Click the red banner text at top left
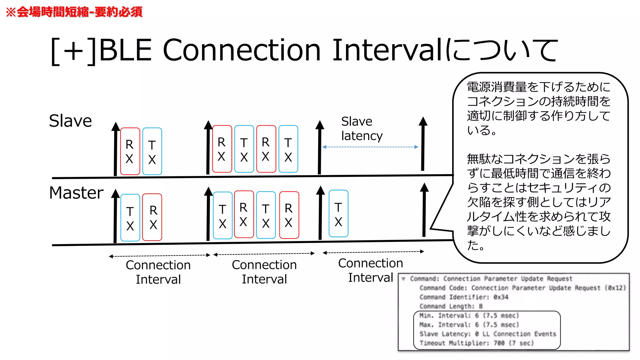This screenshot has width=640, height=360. (x=74, y=12)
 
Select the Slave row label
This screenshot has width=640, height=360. (x=70, y=121)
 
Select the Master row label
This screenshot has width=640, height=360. (x=76, y=193)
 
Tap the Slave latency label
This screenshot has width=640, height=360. (x=361, y=128)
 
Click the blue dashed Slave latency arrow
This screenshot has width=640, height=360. (x=370, y=147)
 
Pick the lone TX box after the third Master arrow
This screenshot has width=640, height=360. (x=338, y=214)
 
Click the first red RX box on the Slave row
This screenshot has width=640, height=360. (x=130, y=151)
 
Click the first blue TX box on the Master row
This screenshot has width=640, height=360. (x=130, y=218)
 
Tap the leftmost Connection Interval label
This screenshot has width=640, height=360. (x=158, y=272)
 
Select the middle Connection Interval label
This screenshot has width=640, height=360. (x=264, y=272)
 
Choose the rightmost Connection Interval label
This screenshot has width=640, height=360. (x=370, y=270)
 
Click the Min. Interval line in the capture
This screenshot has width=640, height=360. (x=469, y=316)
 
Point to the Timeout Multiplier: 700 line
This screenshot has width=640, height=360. (x=476, y=343)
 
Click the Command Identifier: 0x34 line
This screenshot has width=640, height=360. (x=464, y=297)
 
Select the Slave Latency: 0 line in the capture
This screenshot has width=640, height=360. (x=487, y=334)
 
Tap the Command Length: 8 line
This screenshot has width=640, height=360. (x=451, y=306)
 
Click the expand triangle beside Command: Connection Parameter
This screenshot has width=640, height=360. (x=404, y=279)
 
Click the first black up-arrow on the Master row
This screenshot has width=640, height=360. (x=115, y=216)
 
